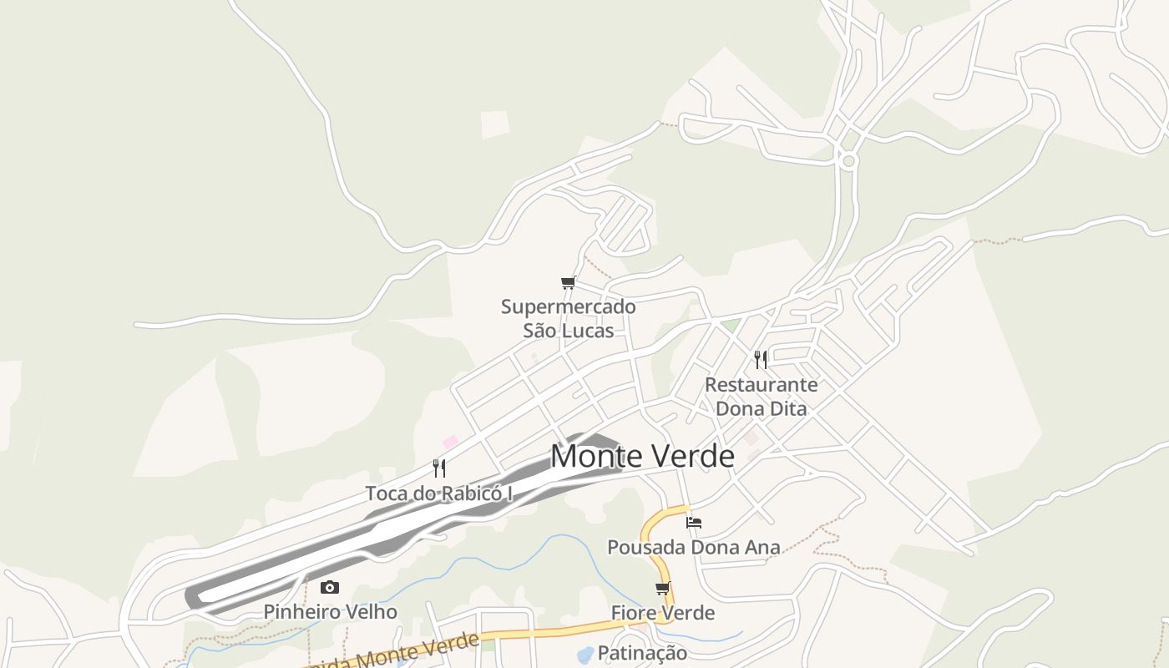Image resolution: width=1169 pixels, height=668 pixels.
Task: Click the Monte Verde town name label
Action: pos(642,456)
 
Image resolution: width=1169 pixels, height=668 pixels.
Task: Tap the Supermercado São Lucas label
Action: pos(569,318)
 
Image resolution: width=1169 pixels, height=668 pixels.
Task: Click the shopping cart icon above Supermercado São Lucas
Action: pos(569,282)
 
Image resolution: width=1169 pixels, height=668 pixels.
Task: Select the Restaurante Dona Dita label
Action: pos(762,397)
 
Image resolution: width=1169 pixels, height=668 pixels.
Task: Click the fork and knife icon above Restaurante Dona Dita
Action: pos(761,359)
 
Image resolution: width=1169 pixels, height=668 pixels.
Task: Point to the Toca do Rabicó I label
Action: pos(439,493)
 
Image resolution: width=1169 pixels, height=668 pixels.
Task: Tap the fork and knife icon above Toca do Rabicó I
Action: pos(439,468)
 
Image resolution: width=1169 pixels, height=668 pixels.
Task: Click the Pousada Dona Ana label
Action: pos(694,548)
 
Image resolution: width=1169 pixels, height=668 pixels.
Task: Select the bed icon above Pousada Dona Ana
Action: pos(694,523)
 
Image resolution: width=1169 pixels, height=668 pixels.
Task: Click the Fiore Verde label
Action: pos(663,613)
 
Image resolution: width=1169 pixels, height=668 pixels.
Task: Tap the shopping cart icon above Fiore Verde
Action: pos(663,588)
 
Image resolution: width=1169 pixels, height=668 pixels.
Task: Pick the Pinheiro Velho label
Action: pos(331,612)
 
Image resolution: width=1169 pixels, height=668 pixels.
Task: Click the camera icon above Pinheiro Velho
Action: pos(330,587)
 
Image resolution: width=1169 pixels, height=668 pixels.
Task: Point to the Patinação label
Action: pos(642,653)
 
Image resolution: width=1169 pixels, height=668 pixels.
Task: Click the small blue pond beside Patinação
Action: pos(585,653)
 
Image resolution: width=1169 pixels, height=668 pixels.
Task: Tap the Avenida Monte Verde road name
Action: pos(392,653)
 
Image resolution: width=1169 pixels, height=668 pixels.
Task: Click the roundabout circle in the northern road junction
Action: pos(849,160)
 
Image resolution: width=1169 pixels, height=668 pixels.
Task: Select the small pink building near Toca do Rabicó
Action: pos(450,441)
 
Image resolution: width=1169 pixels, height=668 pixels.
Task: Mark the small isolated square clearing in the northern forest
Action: pos(495,124)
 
